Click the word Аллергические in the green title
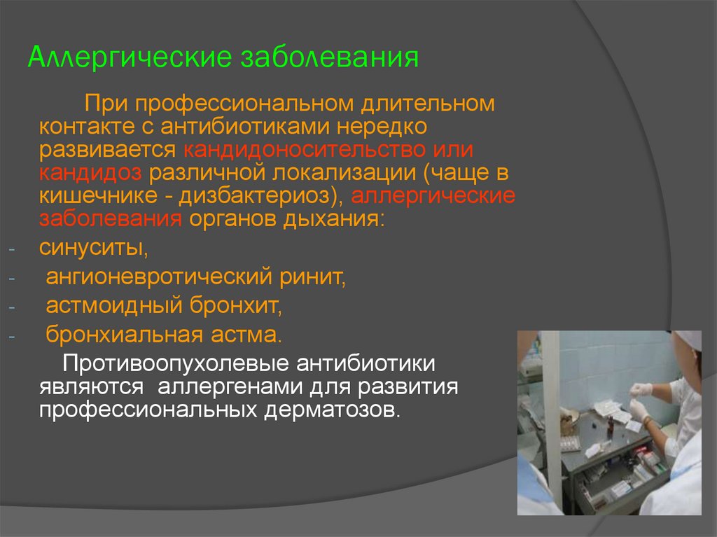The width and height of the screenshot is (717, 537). (130, 58)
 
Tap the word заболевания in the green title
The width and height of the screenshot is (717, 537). (330, 57)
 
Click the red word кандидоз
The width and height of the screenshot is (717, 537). (90, 172)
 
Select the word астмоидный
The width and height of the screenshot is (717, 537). (114, 305)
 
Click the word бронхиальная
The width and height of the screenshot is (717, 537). (125, 335)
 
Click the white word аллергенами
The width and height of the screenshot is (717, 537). (230, 387)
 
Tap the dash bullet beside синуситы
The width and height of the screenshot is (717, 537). (11, 250)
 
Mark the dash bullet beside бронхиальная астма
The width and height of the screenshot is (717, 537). (11, 337)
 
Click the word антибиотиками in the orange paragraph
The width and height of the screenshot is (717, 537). (244, 127)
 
